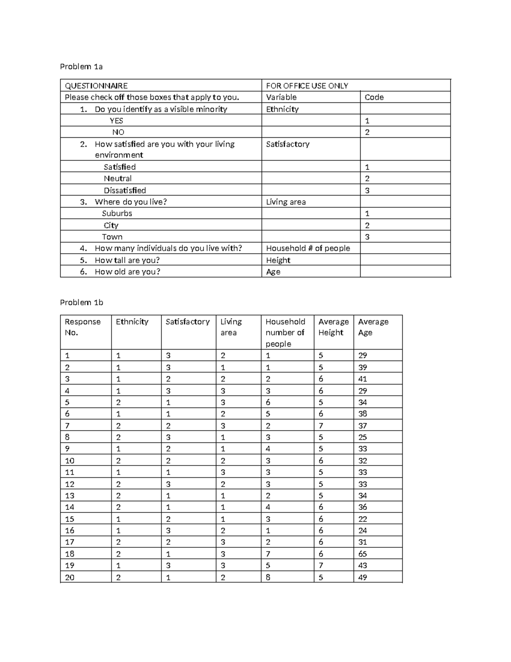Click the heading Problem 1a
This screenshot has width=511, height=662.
click(81, 66)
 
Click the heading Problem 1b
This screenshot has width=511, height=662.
click(81, 303)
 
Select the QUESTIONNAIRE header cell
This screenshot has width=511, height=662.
click(96, 86)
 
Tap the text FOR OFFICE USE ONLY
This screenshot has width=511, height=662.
click(307, 86)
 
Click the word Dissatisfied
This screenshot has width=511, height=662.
click(125, 191)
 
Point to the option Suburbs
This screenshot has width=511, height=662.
click(117, 214)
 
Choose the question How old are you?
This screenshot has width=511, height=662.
click(127, 272)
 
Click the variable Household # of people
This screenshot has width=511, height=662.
click(308, 249)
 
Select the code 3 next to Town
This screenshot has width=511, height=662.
click(367, 237)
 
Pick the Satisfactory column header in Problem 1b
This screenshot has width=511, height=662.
click(187, 322)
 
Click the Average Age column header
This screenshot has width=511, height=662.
click(373, 327)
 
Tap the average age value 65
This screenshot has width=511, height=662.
click(362, 554)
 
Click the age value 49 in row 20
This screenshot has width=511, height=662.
click(362, 578)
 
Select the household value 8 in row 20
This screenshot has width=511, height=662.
click(268, 578)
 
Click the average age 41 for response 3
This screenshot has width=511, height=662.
click(362, 379)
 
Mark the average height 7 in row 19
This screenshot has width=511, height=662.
click(321, 566)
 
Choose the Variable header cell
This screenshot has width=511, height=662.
click(281, 97)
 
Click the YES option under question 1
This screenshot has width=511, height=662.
click(116, 121)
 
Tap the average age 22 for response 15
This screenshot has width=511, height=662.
click(362, 519)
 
